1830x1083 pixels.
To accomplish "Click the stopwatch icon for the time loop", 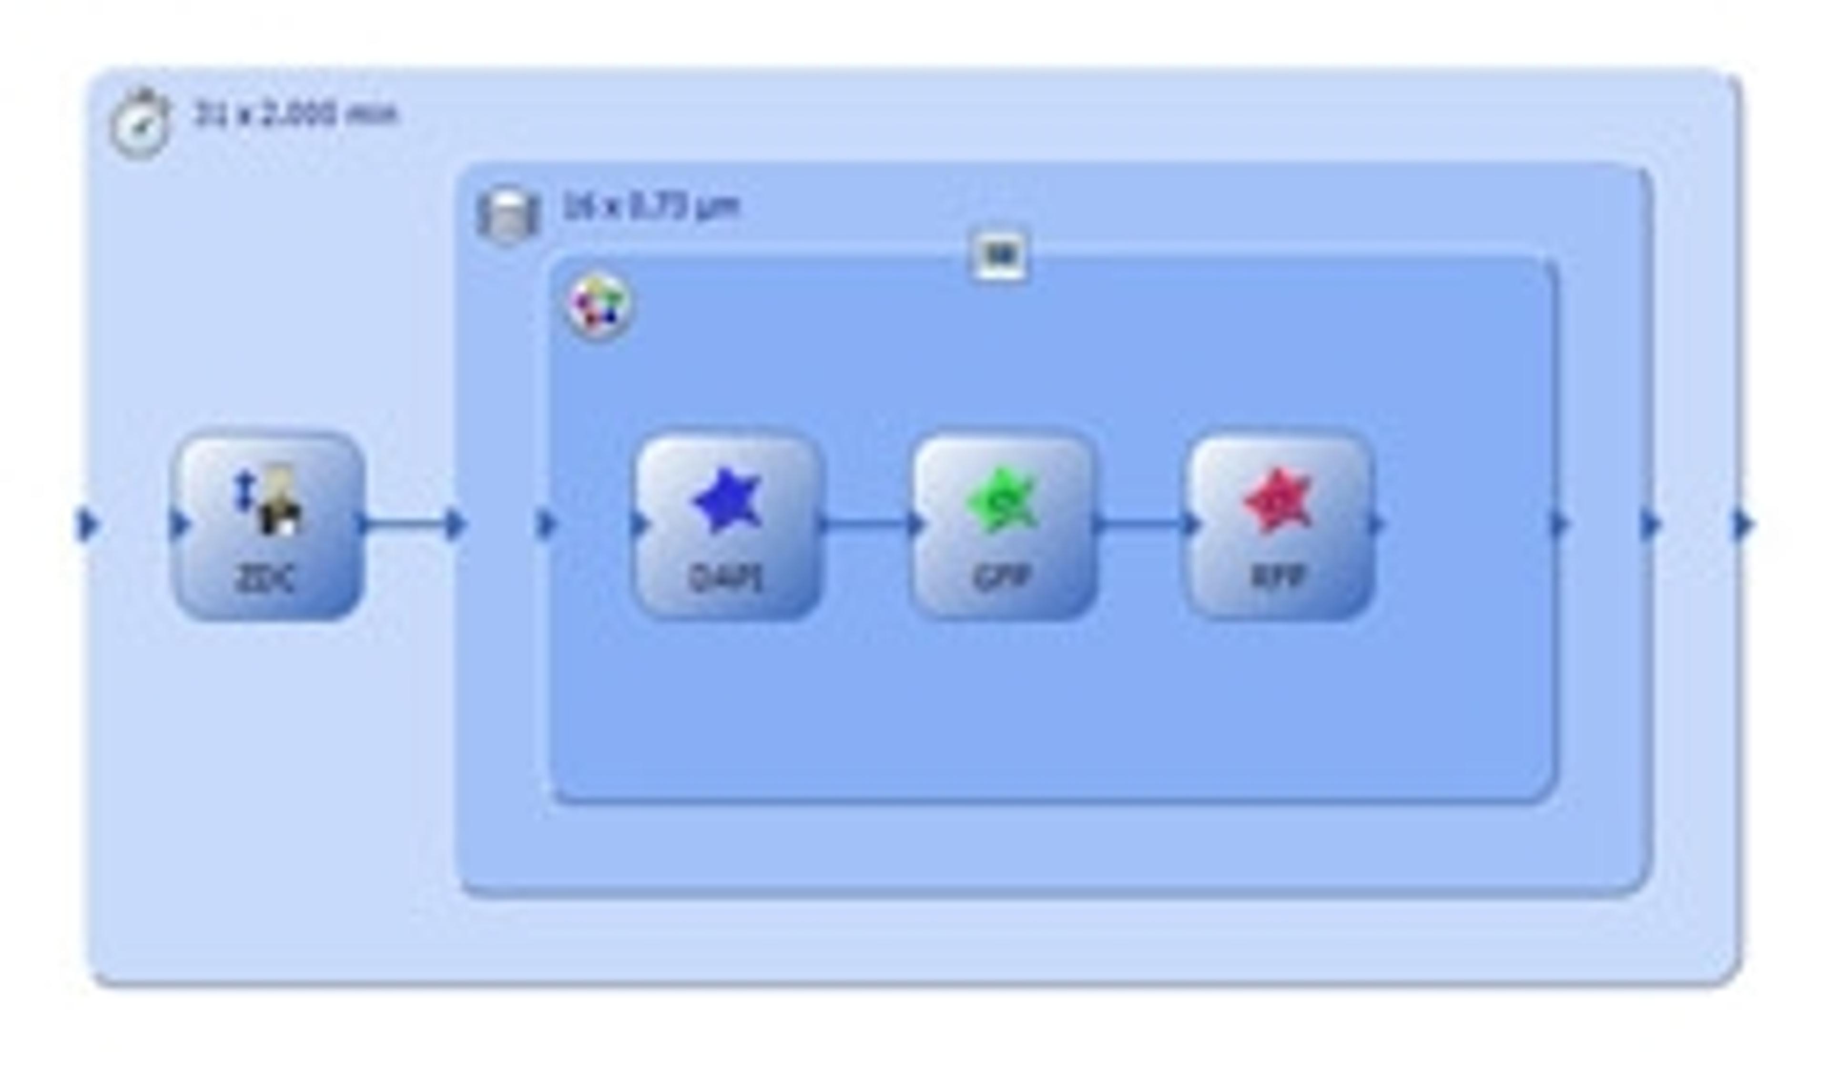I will pyautogui.click(x=140, y=124).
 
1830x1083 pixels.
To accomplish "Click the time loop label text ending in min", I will pyautogui.click(x=295, y=114).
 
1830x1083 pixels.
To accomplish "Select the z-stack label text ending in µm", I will pyautogui.click(x=651, y=206).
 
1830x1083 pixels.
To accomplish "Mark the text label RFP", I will pyautogui.click(x=1279, y=577).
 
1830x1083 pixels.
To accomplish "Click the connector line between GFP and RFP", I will pyautogui.click(x=1142, y=523).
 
